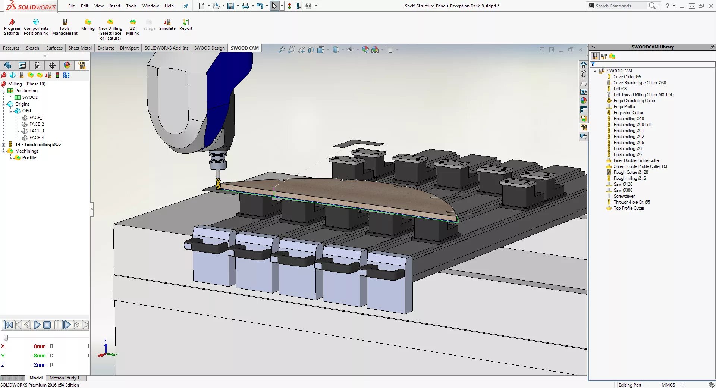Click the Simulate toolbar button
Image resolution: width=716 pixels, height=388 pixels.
167,25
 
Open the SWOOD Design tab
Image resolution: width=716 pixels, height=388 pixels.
209,48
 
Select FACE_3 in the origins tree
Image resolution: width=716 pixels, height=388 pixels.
36,131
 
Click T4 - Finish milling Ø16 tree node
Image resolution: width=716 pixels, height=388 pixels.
38,144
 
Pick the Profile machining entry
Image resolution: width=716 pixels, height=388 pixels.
29,158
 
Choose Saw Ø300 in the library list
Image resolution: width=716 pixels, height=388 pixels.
623,190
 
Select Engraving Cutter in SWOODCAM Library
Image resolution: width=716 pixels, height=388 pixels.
628,113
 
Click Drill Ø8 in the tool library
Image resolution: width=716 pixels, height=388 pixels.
620,89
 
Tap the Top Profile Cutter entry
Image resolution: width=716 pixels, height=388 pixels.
629,208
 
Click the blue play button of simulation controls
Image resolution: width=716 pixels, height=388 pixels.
37,325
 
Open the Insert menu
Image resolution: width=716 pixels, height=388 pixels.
114,6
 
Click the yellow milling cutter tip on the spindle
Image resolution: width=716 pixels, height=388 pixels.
218,184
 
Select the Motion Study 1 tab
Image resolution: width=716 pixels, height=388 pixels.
64,378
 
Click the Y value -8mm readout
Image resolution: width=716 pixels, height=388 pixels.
39,356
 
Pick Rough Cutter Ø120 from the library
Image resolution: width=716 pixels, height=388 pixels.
631,172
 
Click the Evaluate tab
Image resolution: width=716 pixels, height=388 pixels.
106,48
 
